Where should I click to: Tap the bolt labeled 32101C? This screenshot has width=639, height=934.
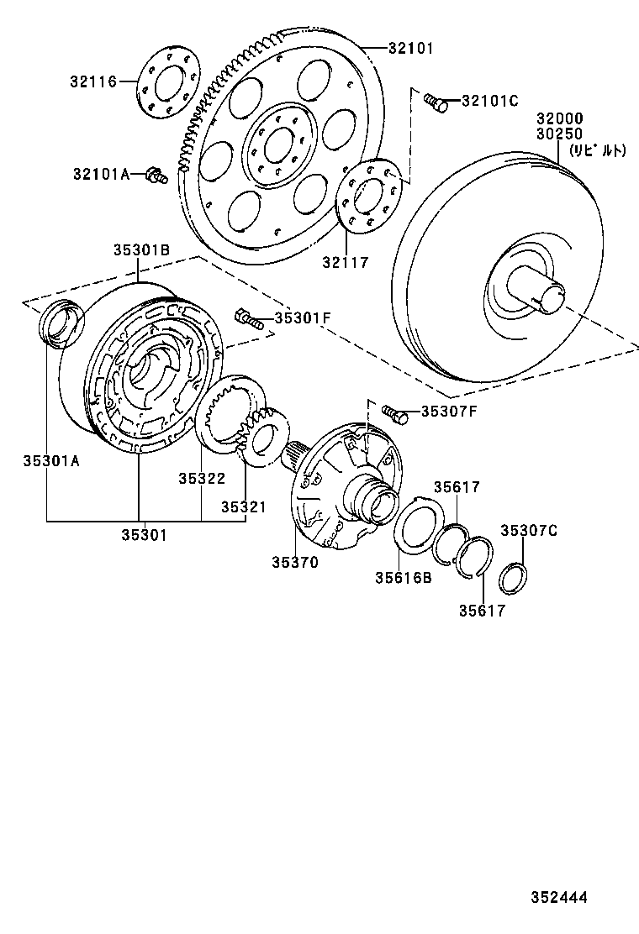pyautogui.click(x=435, y=102)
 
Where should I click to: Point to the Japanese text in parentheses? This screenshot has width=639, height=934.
pyautogui.click(x=598, y=151)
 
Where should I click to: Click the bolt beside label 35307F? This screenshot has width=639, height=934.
pyautogui.click(x=393, y=412)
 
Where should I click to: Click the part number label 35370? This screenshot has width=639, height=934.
pyautogui.click(x=294, y=563)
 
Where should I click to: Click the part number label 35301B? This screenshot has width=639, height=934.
pyautogui.click(x=142, y=249)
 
